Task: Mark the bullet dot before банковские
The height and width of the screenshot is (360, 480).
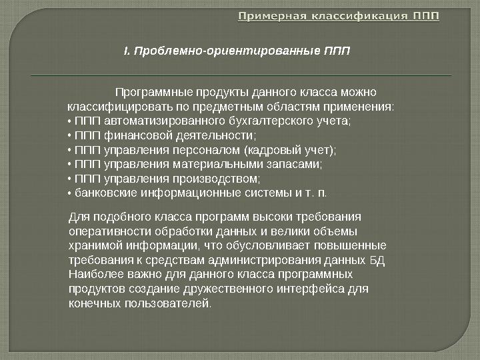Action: (70, 193)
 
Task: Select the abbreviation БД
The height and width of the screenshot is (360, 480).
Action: (377, 260)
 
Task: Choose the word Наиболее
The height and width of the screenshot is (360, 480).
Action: (94, 275)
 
